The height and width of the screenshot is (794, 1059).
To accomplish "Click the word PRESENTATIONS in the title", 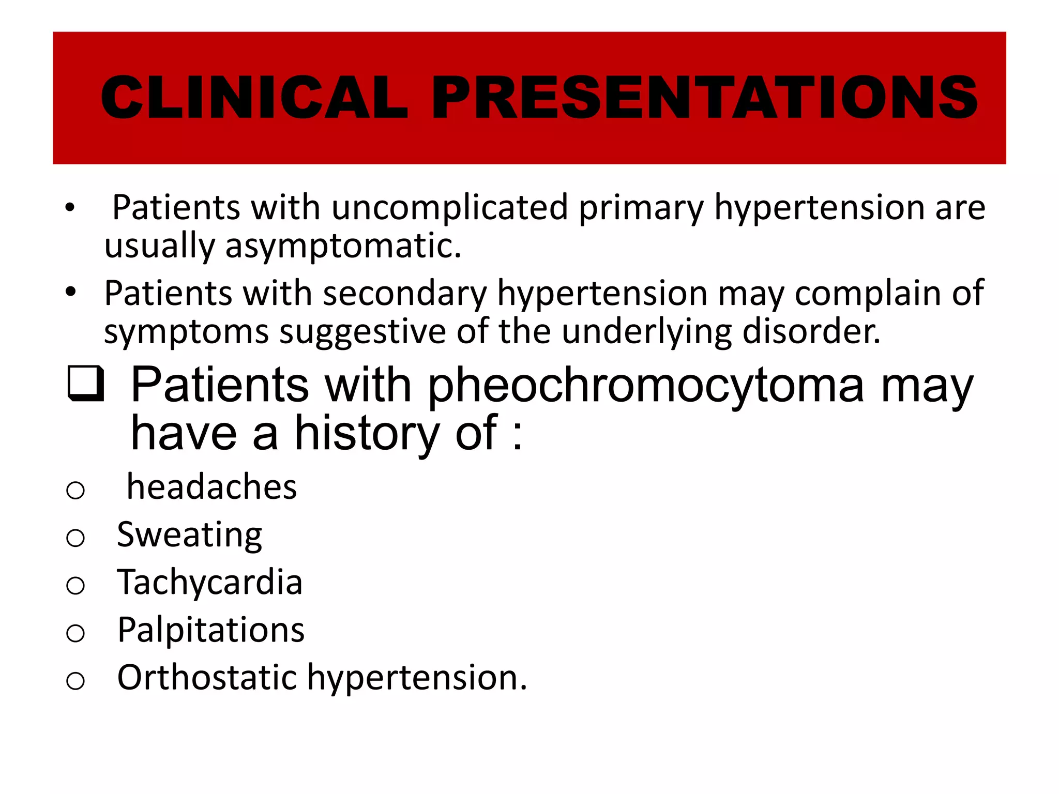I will coord(704,97).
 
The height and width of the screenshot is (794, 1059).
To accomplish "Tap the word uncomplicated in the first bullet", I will coord(449,208).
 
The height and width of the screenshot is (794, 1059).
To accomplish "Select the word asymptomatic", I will coord(342,246).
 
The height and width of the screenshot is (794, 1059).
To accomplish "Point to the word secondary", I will coord(404,294).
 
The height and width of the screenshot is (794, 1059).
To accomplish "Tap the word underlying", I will coord(646,332).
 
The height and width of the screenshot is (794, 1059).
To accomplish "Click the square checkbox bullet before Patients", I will coord(86,384).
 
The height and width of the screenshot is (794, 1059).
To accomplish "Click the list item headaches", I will coord(212,487).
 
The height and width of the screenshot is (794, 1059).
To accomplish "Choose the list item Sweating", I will coord(189,535).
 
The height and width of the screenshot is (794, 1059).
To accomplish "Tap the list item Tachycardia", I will coord(209,582).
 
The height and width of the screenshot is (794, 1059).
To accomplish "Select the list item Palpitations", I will coord(211,631).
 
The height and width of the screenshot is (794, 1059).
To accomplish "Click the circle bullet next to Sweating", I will coord(75,538).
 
